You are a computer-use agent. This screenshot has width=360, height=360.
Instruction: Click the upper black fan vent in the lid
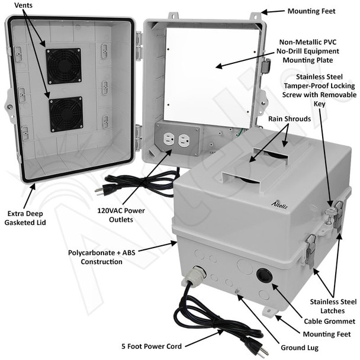63,66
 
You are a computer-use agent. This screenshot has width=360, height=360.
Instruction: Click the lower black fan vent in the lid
66,114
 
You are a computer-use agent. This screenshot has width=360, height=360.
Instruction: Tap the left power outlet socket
169,139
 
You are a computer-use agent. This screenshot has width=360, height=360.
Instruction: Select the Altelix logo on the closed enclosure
279,204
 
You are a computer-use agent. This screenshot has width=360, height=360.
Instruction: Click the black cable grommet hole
264,275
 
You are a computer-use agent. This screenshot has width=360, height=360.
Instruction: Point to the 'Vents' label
23,5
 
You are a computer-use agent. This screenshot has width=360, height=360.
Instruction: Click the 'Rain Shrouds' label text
290,118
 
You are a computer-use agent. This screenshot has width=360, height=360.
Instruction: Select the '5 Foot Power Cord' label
152,346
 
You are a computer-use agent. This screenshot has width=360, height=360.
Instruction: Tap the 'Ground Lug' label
300,348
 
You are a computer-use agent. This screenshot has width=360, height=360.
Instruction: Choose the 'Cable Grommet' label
329,321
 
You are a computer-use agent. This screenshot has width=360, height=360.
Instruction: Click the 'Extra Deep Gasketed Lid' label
25,218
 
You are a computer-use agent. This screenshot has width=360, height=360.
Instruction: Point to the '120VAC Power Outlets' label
121,215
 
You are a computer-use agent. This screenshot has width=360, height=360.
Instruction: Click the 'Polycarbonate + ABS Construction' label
101,257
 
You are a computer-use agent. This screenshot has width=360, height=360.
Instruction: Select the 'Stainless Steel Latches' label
333,306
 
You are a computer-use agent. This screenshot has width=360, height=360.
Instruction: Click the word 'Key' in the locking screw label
319,104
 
